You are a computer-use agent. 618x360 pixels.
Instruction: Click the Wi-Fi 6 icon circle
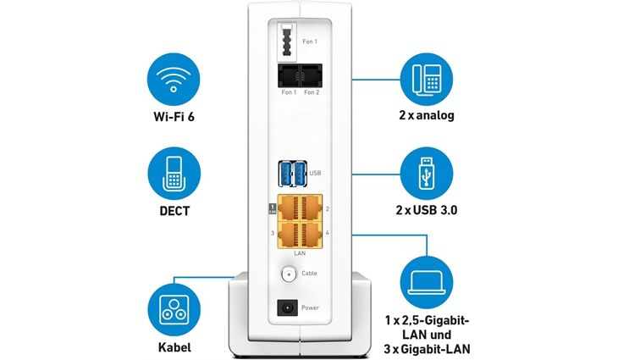(174, 80)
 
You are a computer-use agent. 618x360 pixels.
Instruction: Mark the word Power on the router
(311, 310)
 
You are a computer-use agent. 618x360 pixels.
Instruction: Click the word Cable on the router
(310, 274)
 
